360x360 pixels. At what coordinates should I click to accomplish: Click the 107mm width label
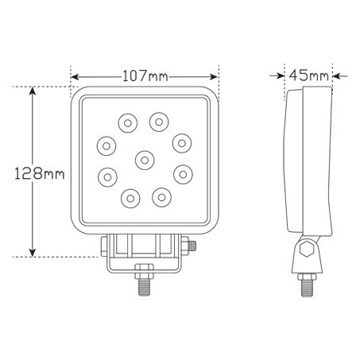[145, 75]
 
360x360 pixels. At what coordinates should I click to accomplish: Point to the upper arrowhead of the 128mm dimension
[32, 91]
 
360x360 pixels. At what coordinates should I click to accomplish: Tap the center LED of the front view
[145, 160]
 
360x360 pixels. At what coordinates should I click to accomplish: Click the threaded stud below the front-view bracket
[145, 287]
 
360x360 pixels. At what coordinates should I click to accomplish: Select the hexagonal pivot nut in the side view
[304, 252]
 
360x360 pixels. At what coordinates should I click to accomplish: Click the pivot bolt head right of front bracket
[191, 246]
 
